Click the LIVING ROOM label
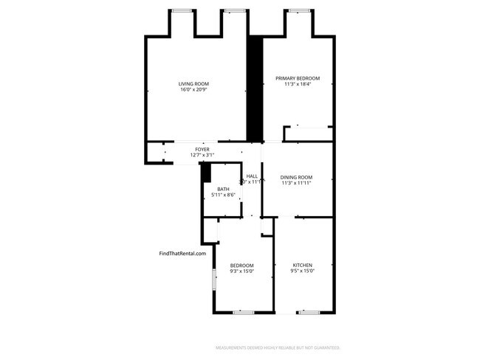[x=195, y=83]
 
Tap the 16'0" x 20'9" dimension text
[x=195, y=90]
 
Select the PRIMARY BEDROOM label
[x=298, y=78]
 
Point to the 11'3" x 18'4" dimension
[x=298, y=84]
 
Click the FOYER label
[x=202, y=149]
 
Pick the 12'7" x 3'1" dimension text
[x=202, y=155]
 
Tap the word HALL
[x=252, y=176]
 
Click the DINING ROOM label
[x=297, y=177]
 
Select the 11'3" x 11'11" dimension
[x=297, y=183]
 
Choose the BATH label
[x=223, y=190]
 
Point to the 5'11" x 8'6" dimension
[x=223, y=195]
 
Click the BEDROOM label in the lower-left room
[x=241, y=266]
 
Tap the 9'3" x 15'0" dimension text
[x=241, y=271]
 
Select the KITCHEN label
[x=303, y=266]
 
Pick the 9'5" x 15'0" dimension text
[x=303, y=271]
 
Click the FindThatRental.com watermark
[x=182, y=253]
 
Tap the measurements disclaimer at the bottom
[x=278, y=347]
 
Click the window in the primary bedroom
[x=298, y=10]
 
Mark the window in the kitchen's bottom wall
[x=309, y=313]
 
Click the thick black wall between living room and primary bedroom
[x=255, y=89]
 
